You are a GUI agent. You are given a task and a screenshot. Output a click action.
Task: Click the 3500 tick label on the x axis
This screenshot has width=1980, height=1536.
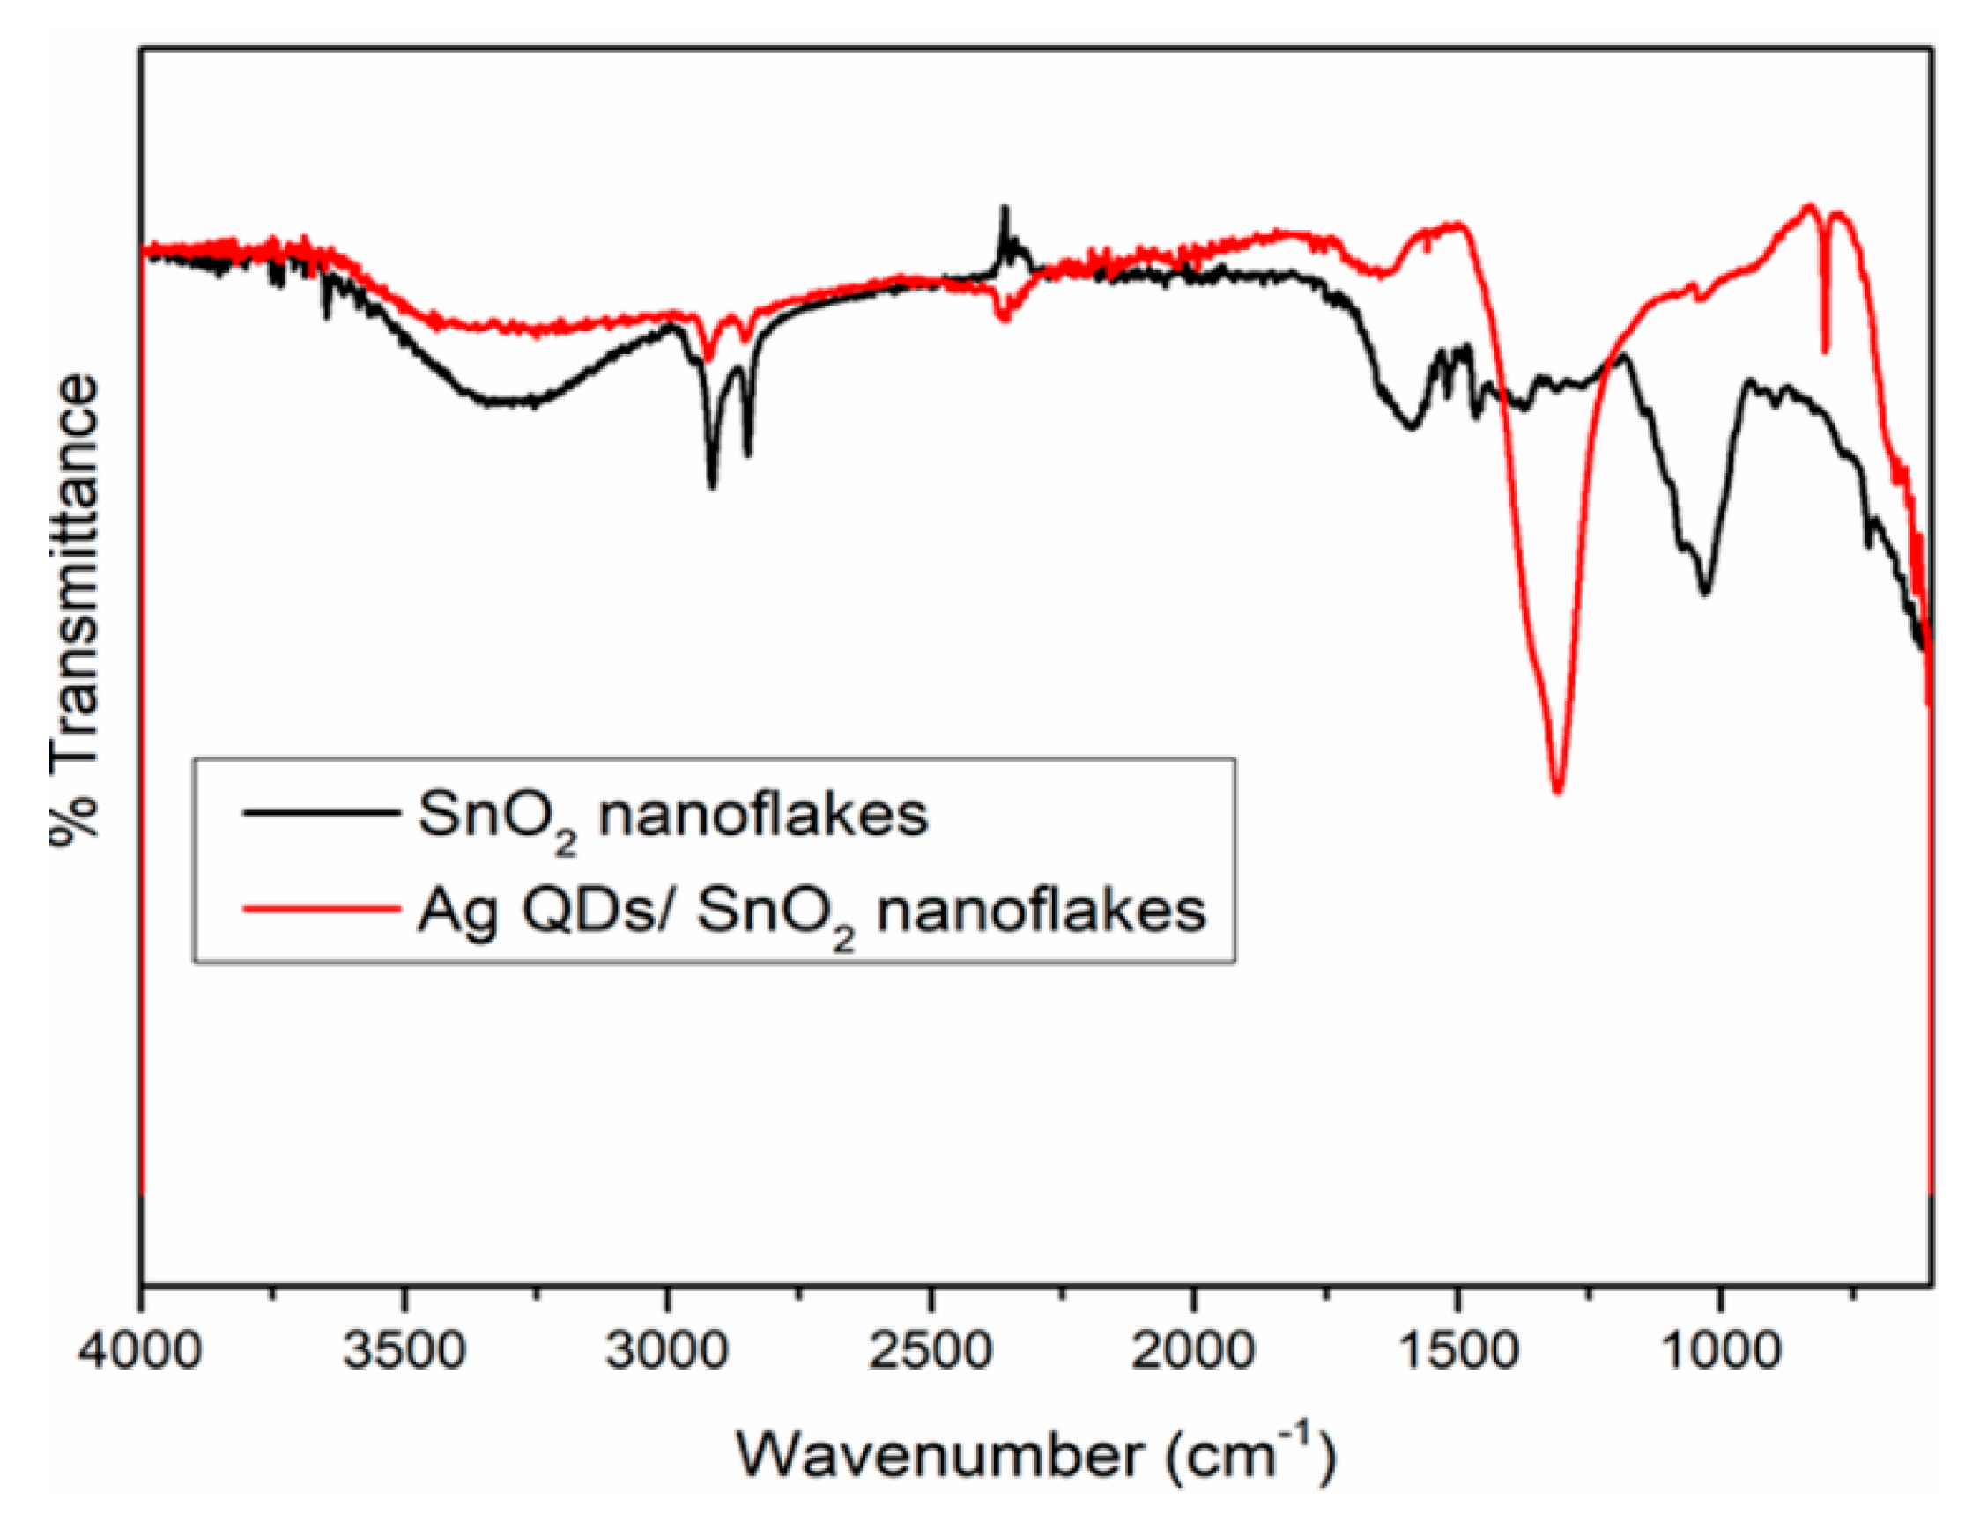(x=405, y=1351)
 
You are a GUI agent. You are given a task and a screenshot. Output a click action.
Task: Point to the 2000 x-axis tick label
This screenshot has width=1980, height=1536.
(x=1193, y=1351)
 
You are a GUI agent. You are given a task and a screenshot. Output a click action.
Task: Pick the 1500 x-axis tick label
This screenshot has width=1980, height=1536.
(x=1457, y=1351)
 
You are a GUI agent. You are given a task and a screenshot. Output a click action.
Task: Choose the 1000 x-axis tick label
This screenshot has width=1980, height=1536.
(x=1720, y=1351)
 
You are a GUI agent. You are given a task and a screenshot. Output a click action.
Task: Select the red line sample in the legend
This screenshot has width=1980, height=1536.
(x=321, y=906)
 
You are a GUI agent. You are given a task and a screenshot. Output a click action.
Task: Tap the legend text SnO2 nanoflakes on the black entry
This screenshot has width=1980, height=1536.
(x=672, y=816)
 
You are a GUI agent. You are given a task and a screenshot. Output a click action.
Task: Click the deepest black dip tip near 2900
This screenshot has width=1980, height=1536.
(x=713, y=487)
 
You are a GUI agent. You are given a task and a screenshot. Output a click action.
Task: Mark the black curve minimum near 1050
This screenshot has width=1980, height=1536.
(x=1705, y=593)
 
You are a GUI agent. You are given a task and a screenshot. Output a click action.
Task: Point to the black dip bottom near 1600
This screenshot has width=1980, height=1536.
(x=1412, y=428)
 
